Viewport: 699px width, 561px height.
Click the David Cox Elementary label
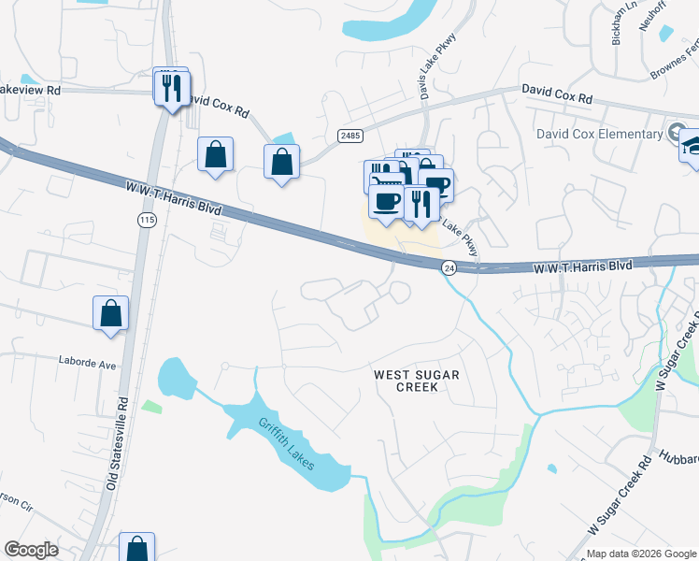599,134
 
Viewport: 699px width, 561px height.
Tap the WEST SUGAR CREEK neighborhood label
417,381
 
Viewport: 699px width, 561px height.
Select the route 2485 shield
349,136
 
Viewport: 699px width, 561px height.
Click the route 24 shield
449,266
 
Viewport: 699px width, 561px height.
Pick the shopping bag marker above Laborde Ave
110,314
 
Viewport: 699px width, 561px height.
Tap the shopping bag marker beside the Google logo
136,548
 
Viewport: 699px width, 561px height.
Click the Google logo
31,550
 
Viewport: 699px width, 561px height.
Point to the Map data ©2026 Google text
640,554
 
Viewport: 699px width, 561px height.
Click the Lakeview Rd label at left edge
30,90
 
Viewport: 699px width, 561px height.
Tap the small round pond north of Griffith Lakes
176,377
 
